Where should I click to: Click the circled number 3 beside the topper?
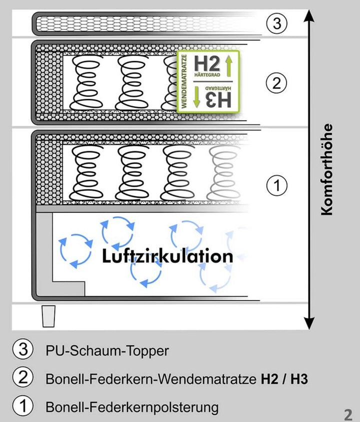[276, 24]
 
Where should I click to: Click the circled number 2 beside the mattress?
[276, 83]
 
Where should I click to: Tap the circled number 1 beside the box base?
[276, 185]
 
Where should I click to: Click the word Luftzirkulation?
[167, 256]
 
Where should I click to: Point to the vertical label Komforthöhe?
[326, 170]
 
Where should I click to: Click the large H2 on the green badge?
[207, 64]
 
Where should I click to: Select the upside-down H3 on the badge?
[218, 100]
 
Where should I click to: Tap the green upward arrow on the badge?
[229, 66]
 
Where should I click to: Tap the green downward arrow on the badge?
[196, 97]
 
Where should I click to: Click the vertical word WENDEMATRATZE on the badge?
[184, 82]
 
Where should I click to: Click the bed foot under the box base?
[48, 316]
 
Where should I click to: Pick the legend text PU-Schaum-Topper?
[107, 351]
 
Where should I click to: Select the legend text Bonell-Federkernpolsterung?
[132, 407]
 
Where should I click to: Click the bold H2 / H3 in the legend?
[284, 379]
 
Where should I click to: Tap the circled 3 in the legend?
[23, 349]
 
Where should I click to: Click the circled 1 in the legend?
[23, 405]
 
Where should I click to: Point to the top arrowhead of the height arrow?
[309, 16]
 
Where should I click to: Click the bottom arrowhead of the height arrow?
[309, 323]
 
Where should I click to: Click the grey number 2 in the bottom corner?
[348, 413]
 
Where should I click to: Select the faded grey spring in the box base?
[223, 173]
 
